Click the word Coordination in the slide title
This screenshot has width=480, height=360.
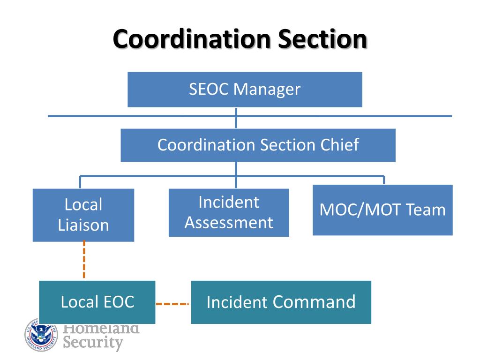pyautogui.click(x=191, y=39)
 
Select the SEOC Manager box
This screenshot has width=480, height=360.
pyautogui.click(x=245, y=90)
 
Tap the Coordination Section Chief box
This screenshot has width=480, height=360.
pyautogui.click(x=258, y=145)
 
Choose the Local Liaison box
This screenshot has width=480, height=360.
pyautogui.click(x=83, y=215)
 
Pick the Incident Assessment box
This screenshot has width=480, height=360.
pyautogui.click(x=229, y=212)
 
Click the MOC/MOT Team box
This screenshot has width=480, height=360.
pyautogui.click(x=382, y=210)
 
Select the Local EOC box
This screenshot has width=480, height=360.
pyautogui.click(x=97, y=302)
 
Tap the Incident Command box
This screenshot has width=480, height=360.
pyautogui.click(x=281, y=302)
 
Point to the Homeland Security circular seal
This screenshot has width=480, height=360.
pyautogui.click(x=41, y=334)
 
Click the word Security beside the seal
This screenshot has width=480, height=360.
pyautogui.click(x=93, y=343)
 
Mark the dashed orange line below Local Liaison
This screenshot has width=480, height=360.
pyautogui.click(x=84, y=260)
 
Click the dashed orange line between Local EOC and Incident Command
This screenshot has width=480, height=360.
pyautogui.click(x=172, y=304)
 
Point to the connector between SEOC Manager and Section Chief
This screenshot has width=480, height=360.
pyautogui.click(x=236, y=119)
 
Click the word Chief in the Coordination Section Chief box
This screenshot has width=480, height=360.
pyautogui.click(x=340, y=145)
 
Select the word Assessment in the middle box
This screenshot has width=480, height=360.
pyautogui.click(x=229, y=222)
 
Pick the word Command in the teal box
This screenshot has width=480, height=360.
pyautogui.click(x=314, y=302)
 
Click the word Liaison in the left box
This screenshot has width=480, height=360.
pyautogui.click(x=83, y=225)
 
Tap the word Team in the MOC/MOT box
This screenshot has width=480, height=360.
pyautogui.click(x=427, y=210)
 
